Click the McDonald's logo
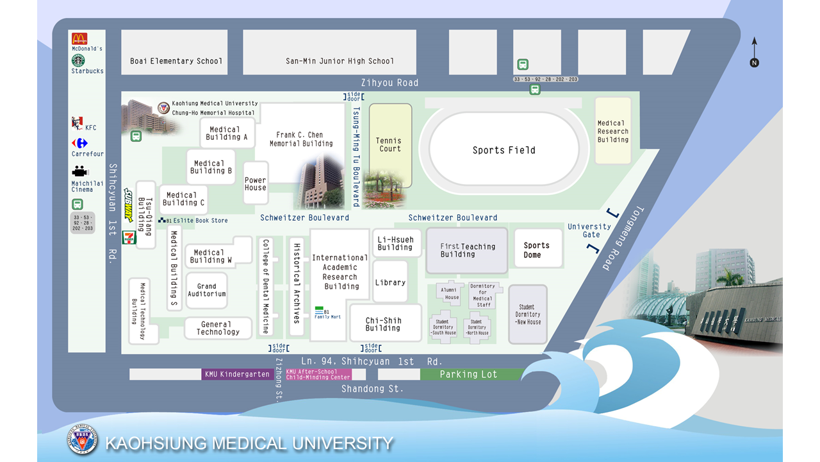pyautogui.click(x=79, y=38)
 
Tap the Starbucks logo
pyautogui.click(x=78, y=60)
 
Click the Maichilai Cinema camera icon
pyautogui.click(x=79, y=171)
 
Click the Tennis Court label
pyautogui.click(x=389, y=144)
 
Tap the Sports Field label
pyautogui.click(x=504, y=150)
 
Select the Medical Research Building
pyautogui.click(x=612, y=131)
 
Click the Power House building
pyautogui.click(x=255, y=184)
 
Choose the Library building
pyautogui.click(x=390, y=282)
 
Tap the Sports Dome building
pyautogui.click(x=537, y=250)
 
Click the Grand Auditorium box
pyautogui.click(x=206, y=290)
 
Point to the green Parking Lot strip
pyautogui.click(x=468, y=374)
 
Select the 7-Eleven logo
pyautogui.click(x=130, y=237)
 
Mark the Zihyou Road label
pyautogui.click(x=389, y=83)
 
